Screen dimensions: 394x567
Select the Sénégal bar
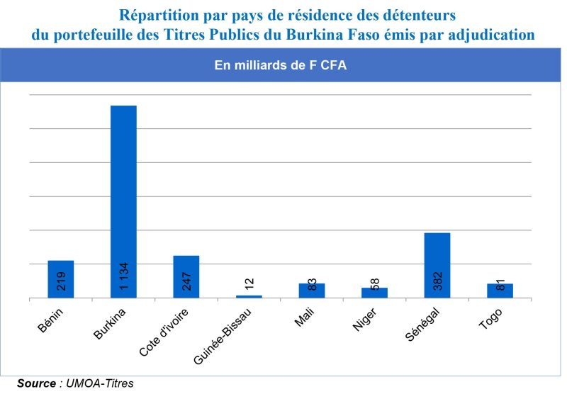[x=437, y=265]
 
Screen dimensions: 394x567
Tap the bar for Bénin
[x=61, y=279]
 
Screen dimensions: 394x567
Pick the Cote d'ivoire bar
[x=186, y=276]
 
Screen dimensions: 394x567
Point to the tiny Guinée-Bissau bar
[x=249, y=296]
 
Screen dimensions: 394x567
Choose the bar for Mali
[x=312, y=291]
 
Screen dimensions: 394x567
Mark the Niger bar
[x=374, y=293]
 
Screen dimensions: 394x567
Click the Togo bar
[x=500, y=291]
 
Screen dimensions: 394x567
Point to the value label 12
[x=250, y=284]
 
